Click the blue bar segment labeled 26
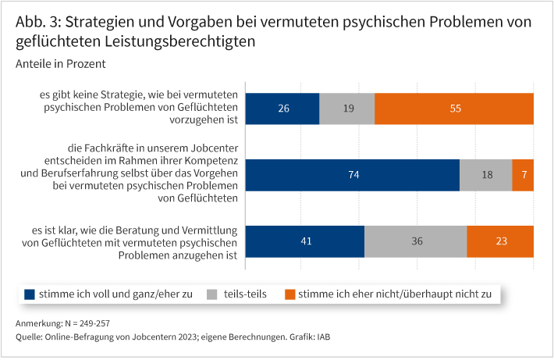pyautogui.click(x=282, y=109)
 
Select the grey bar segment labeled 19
pyautogui.click(x=347, y=109)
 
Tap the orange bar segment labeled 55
pyautogui.click(x=454, y=109)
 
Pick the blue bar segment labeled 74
pyautogui.click(x=353, y=175)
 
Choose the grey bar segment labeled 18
pyautogui.click(x=485, y=175)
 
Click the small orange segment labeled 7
pyautogui.click(x=523, y=175)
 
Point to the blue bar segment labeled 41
pyautogui.click(x=305, y=241)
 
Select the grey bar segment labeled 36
pyautogui.click(x=415, y=241)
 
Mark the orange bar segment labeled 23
pyautogui.click(x=500, y=241)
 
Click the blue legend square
pyautogui.click(x=30, y=294)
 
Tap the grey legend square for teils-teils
pyautogui.click(x=212, y=294)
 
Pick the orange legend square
pyautogui.click(x=290, y=294)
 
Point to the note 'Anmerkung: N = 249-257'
pyautogui.click(x=69, y=323)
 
